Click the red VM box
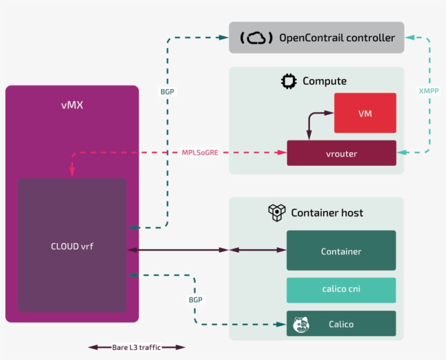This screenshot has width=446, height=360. [365, 113]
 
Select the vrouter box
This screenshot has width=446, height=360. [342, 153]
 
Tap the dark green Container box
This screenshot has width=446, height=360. [341, 251]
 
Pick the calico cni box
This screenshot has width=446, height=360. [341, 289]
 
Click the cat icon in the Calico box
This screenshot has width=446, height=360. [301, 324]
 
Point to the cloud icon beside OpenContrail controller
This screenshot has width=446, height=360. [256, 38]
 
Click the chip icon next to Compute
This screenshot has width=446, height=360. [288, 81]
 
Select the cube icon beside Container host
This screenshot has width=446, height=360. [277, 213]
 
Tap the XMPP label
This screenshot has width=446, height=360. [429, 91]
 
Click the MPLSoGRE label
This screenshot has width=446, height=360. [200, 152]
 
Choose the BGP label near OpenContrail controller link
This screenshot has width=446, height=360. [168, 92]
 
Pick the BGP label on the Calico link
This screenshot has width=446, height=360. [195, 300]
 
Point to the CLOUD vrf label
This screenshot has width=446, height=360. [72, 246]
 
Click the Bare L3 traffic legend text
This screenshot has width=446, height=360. [137, 347]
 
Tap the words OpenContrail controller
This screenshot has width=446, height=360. [337, 38]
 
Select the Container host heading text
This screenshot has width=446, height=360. [327, 213]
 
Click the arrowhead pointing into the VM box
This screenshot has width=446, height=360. [330, 113]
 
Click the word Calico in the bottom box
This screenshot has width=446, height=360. [341, 324]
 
